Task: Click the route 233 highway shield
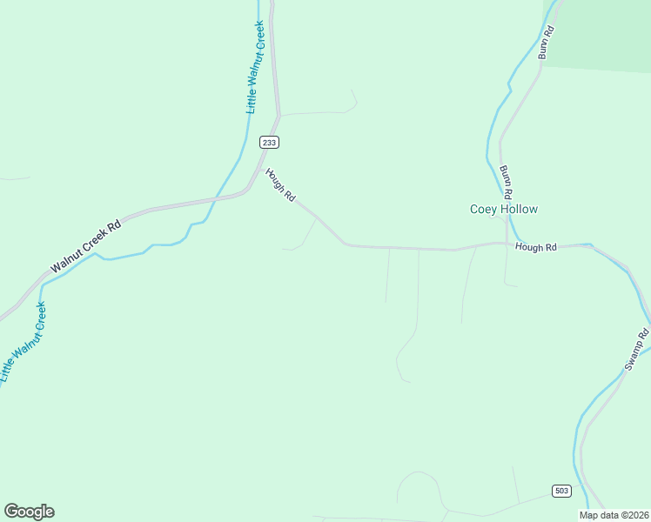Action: pos(269,142)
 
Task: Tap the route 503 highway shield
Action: pos(561,491)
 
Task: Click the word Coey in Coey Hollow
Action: pos(482,209)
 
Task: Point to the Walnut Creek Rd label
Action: pos(85,245)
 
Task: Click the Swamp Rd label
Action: pos(638,350)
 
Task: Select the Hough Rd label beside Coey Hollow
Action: pos(535,247)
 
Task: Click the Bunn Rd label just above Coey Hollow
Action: pos(507,180)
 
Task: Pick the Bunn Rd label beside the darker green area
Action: pos(546,42)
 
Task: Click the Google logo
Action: pos(29,512)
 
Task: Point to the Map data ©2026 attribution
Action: pos(614,515)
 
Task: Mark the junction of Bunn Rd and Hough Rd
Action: pos(507,244)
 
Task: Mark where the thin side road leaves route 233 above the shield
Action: pos(279,115)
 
